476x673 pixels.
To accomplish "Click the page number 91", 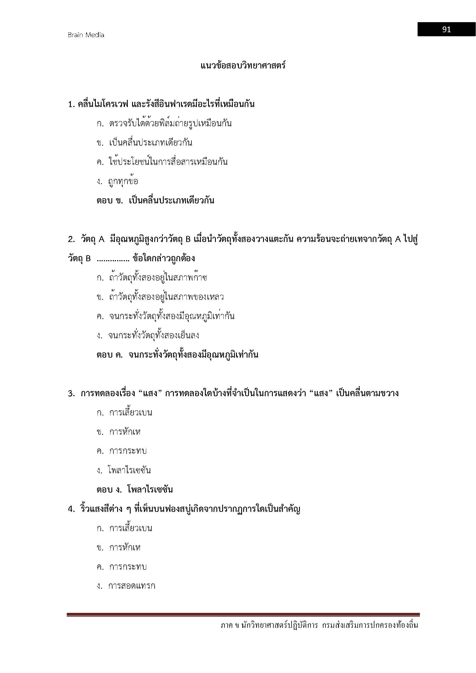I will [x=446, y=30].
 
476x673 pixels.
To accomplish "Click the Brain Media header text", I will [x=86, y=35].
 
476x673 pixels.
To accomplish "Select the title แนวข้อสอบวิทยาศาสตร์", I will [x=243, y=65].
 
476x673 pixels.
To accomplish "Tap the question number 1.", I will [x=71, y=104].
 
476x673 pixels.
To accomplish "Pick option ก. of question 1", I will [x=164, y=123].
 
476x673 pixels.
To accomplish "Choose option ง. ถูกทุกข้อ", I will [x=117, y=182].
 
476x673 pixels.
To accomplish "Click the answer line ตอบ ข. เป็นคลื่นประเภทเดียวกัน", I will [x=155, y=201].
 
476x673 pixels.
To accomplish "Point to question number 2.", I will [x=71, y=239].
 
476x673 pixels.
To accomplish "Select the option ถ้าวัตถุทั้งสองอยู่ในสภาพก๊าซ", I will [x=153, y=278].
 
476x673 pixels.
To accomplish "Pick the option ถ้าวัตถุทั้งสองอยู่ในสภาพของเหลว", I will [x=161, y=297].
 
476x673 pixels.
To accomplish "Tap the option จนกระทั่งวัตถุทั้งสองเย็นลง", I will [x=148, y=335].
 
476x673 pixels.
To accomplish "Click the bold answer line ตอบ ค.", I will [x=177, y=355].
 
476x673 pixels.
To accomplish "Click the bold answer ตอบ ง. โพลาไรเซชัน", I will [x=134, y=489].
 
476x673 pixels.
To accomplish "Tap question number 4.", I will [x=71, y=509].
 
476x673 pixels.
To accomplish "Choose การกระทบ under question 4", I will [x=122, y=567].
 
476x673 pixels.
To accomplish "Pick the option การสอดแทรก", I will [x=126, y=586].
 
